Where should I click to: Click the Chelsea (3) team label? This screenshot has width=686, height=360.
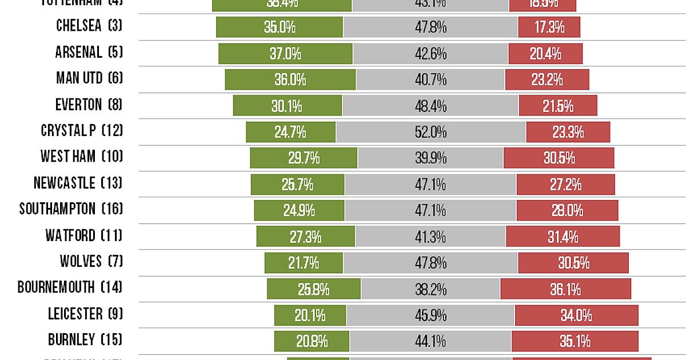89,26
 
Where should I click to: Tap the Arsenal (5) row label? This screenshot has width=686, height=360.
89,53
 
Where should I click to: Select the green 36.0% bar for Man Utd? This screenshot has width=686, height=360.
290,79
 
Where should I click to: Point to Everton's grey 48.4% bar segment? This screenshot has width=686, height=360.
430,106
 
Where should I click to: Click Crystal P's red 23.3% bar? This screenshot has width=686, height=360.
568,132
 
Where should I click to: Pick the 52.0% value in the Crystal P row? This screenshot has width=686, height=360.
430,132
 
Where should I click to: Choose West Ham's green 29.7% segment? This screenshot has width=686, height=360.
304,158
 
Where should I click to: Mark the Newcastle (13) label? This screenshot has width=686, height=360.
78,183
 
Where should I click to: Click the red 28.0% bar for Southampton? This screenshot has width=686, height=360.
567,210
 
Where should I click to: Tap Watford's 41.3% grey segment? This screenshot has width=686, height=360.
430,236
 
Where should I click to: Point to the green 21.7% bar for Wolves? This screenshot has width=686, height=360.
304,263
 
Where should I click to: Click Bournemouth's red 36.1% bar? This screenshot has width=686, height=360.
565,289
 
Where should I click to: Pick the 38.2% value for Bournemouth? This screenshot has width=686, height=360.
430,289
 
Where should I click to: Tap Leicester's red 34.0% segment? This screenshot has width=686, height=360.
576,315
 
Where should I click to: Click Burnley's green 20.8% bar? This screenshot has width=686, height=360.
312,341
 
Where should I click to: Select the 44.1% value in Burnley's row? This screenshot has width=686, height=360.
430,341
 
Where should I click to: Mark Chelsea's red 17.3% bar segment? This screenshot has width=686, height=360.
549,27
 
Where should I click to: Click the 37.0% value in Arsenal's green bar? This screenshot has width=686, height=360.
285,53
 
